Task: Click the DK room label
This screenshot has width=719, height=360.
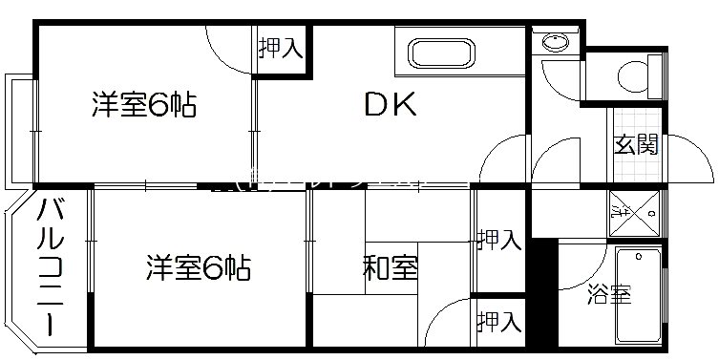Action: tap(390, 106)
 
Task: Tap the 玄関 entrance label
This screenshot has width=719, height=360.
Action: tap(635, 145)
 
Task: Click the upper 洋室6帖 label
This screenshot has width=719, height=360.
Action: tap(143, 104)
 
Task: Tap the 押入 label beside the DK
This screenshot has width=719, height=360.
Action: tap(279, 48)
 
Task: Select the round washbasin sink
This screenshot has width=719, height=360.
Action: tap(553, 43)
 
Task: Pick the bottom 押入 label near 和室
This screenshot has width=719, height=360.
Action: tap(499, 322)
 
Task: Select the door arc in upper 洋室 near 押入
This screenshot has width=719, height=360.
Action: tap(229, 48)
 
